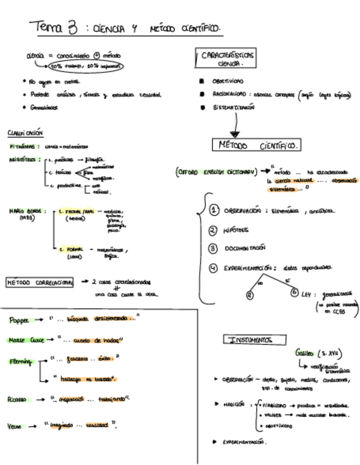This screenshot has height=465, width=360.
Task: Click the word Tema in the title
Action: pyautogui.click(x=48, y=26)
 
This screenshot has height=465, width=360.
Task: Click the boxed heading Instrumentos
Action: pyautogui.click(x=251, y=340)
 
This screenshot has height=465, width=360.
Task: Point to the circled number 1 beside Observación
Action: pyautogui.click(x=215, y=211)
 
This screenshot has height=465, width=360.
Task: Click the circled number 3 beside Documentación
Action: pyautogui.click(x=213, y=248)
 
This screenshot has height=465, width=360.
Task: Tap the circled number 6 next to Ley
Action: pyautogui.click(x=294, y=292)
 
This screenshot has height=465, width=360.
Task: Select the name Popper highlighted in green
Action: pyautogui.click(x=22, y=320)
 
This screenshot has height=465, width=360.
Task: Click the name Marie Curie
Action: pyautogui.click(x=26, y=340)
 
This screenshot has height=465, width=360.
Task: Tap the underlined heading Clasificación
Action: pyautogui.click(x=25, y=133)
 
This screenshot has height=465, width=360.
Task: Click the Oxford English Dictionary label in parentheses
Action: pyautogui.click(x=216, y=172)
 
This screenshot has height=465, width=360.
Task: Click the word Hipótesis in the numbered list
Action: pyautogui.click(x=237, y=230)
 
